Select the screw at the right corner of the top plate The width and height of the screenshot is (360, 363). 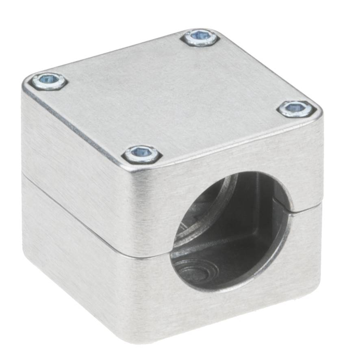click(x=297, y=108)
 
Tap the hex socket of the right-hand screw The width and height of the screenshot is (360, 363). click(x=297, y=108)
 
